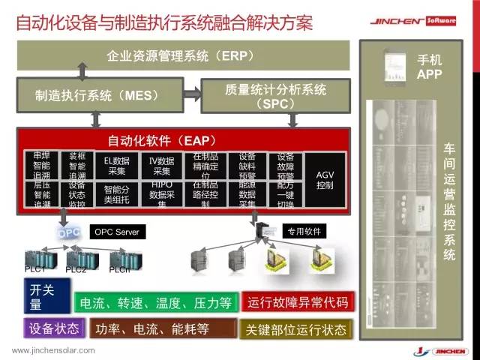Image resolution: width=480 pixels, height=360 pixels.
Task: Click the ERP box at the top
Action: pos(180,56)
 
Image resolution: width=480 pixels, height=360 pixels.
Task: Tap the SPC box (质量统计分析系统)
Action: pos(275,95)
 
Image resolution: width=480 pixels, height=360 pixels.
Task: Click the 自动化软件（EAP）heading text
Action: pos(162,140)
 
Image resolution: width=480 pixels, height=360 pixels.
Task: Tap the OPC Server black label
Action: pos(116,232)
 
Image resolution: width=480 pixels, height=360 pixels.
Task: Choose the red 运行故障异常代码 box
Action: pos(298,303)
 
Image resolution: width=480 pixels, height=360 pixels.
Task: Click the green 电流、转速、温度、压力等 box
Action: pos(156,303)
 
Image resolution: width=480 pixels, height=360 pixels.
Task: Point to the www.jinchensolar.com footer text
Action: pos(53,350)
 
